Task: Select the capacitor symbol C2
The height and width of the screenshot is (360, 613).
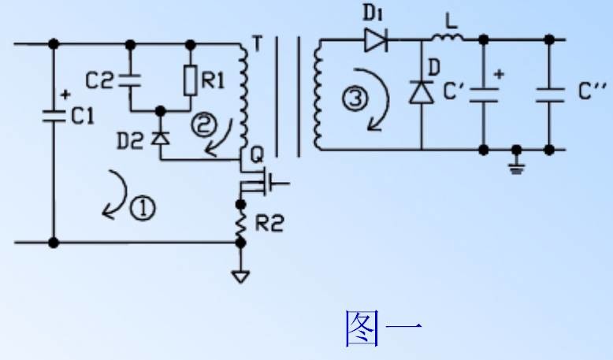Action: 130,80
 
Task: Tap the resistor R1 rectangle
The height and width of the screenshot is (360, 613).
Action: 190,80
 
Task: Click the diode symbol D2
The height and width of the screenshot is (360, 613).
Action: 160,137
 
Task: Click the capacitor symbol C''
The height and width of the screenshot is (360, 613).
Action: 549,95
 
